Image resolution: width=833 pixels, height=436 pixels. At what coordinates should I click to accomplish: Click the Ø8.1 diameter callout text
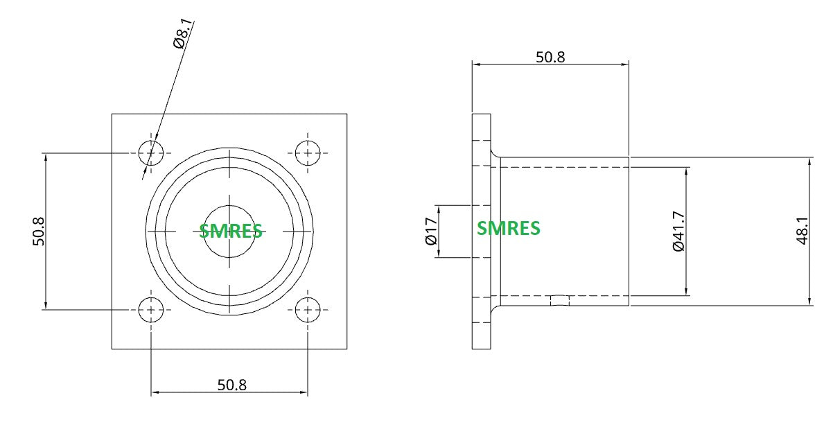point(184,34)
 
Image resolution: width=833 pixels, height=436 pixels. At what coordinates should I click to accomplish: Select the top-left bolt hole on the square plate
point(151,153)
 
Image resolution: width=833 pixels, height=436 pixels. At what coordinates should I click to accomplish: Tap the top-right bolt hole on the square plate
point(308,153)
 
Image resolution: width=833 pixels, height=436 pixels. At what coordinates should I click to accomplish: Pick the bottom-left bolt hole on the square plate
point(151,310)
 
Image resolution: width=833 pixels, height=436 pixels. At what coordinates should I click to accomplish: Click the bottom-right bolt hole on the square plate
point(308,310)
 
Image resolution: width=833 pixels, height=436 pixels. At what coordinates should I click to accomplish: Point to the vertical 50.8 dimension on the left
point(39,232)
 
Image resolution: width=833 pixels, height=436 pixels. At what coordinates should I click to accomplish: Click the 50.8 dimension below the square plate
point(231,385)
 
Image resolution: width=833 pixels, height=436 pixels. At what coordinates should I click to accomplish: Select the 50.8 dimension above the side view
point(550,58)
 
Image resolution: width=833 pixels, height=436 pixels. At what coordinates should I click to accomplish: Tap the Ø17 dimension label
point(431,232)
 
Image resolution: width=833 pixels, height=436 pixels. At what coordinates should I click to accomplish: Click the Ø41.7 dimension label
point(678,232)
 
